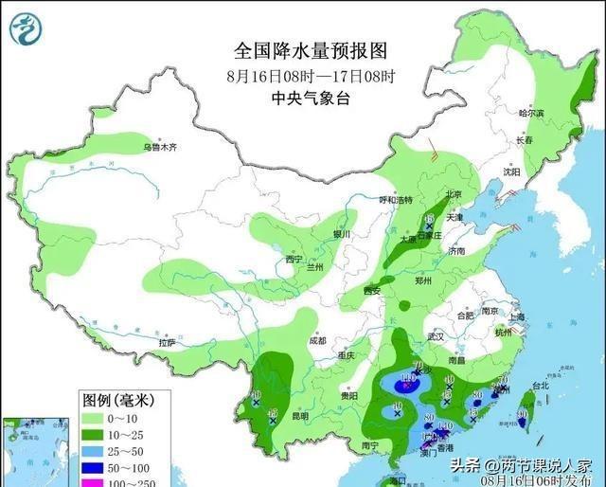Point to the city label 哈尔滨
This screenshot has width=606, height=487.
(x=532, y=113)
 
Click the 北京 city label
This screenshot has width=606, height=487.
(x=453, y=194)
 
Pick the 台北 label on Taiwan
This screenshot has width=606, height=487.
(x=540, y=387)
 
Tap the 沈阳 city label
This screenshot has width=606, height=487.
(x=512, y=172)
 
